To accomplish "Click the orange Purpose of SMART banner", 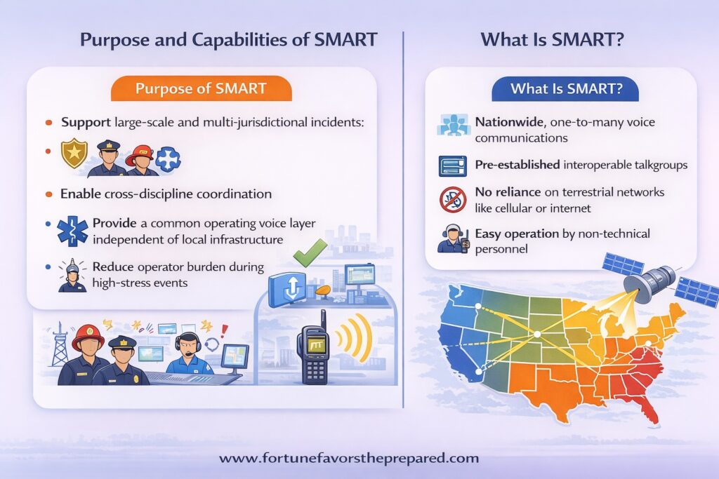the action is pyautogui.click(x=202, y=88).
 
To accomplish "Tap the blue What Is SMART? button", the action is pyautogui.click(x=565, y=88).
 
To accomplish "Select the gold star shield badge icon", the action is pyautogui.click(x=74, y=154).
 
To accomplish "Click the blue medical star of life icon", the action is pyautogui.click(x=72, y=231).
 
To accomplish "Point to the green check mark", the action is pyautogui.click(x=310, y=252).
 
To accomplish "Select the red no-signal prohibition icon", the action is pyautogui.click(x=453, y=200).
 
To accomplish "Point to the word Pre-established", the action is pyautogui.click(x=517, y=165).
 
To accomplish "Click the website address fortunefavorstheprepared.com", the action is pyautogui.click(x=348, y=459).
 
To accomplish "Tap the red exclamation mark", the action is pyautogui.click(x=224, y=330).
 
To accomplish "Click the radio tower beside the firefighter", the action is pyautogui.click(x=59, y=344).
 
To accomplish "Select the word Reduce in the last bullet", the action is pyautogui.click(x=113, y=267).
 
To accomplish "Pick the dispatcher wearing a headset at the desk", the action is pyautogui.click(x=190, y=354).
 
